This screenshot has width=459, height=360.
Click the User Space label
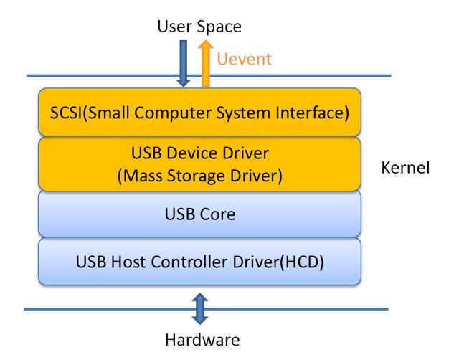point(199,27)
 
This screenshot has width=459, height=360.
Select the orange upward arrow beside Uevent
point(206,63)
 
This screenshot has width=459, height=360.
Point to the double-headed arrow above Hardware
point(200,309)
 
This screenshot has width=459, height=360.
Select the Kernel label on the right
point(406,169)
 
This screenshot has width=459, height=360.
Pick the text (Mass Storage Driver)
point(200,175)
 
